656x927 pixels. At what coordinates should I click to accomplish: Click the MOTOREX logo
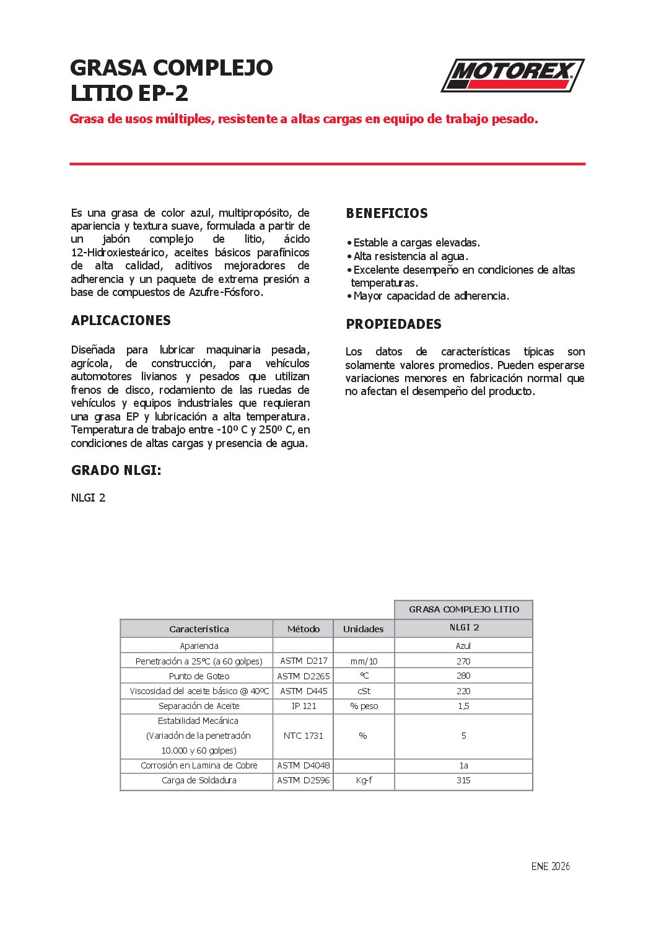coord(512,76)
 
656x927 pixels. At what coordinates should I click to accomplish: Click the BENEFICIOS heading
coord(387,214)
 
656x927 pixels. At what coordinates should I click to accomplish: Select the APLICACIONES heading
coord(121,321)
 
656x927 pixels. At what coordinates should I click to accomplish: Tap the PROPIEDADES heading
coord(393,324)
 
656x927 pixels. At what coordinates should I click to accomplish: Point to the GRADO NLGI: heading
coord(116,471)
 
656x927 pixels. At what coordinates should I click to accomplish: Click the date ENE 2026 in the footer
coord(550,866)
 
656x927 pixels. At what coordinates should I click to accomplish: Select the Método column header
coord(304,629)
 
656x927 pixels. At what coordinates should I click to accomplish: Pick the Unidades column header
coord(364,629)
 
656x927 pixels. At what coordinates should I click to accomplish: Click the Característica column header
coord(199,629)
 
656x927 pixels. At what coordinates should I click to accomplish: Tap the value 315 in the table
coord(463,781)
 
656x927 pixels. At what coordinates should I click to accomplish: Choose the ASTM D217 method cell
coord(304,661)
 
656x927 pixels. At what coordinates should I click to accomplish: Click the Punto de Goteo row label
coord(199,676)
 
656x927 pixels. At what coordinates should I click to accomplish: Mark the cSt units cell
coord(364,691)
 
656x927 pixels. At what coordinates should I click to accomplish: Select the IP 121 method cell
coord(304,706)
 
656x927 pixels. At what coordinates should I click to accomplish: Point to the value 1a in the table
coord(463,766)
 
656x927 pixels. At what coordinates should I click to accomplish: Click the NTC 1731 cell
coord(304,736)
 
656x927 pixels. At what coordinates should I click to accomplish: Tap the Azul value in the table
coord(463,646)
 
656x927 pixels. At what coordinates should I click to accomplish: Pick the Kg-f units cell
coord(364,781)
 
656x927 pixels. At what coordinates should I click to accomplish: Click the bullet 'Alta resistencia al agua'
coord(411,256)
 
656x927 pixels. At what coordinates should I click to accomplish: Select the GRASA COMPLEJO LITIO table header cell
coord(464,609)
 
